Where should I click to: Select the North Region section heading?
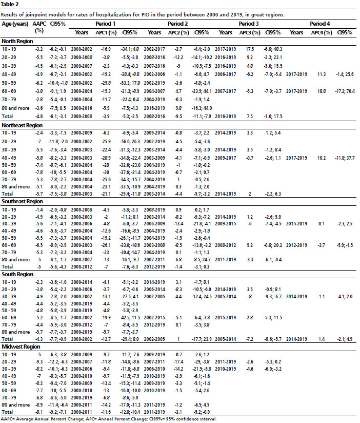pyautogui.click(x=18, y=41)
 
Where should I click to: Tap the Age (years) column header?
pyautogui.click(x=13, y=24)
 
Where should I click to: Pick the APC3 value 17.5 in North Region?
pyautogui.click(x=251, y=49)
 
